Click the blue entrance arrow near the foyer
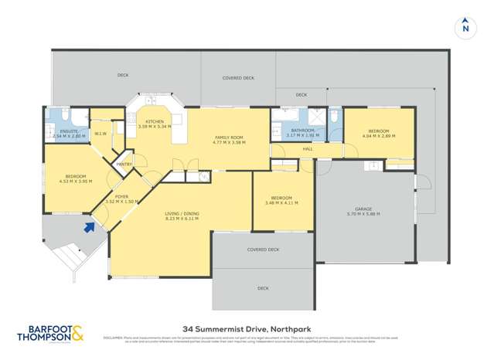click(x=90, y=226)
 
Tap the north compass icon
click(x=465, y=26)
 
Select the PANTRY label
click(x=122, y=164)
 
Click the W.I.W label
click(x=99, y=133)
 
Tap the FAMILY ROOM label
click(x=229, y=138)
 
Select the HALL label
click(x=307, y=148)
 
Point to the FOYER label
click(x=121, y=196)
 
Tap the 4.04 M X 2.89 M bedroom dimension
click(x=379, y=136)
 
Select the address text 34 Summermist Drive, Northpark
click(x=247, y=328)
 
